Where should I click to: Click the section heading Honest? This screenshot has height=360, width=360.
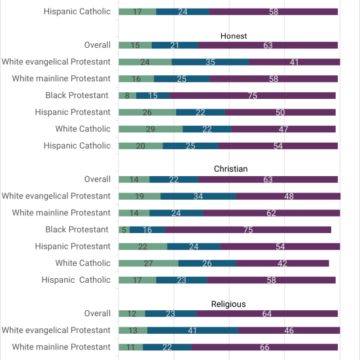click(x=234, y=36)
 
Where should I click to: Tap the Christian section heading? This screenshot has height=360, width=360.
click(x=231, y=169)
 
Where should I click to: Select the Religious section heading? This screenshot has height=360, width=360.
click(x=228, y=304)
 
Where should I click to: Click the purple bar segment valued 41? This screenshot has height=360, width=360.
click(x=295, y=62)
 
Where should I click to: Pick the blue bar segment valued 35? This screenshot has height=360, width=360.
click(x=210, y=62)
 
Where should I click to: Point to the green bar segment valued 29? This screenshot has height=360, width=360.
click(x=151, y=129)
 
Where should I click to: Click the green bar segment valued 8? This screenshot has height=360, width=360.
click(x=128, y=96)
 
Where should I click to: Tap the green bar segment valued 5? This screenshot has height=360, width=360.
click(x=124, y=230)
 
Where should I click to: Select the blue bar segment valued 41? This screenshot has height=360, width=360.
click(x=192, y=331)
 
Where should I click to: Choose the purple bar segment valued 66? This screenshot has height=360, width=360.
click(x=264, y=347)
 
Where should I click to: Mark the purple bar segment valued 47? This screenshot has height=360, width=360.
click(x=283, y=129)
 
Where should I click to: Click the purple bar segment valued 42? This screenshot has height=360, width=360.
click(x=282, y=263)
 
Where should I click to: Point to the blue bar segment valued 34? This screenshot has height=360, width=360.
click(x=198, y=196)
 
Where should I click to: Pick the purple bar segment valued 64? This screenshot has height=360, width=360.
click(x=267, y=314)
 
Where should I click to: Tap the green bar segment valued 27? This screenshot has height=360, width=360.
click(x=149, y=263)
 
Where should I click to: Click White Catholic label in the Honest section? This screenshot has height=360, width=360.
click(x=83, y=129)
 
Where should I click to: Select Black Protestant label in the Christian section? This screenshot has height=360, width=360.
click(x=77, y=230)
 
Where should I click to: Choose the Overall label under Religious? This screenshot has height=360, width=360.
click(x=98, y=314)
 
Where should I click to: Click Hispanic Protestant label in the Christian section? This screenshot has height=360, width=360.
click(x=73, y=246)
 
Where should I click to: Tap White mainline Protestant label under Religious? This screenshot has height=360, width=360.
click(x=62, y=347)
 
